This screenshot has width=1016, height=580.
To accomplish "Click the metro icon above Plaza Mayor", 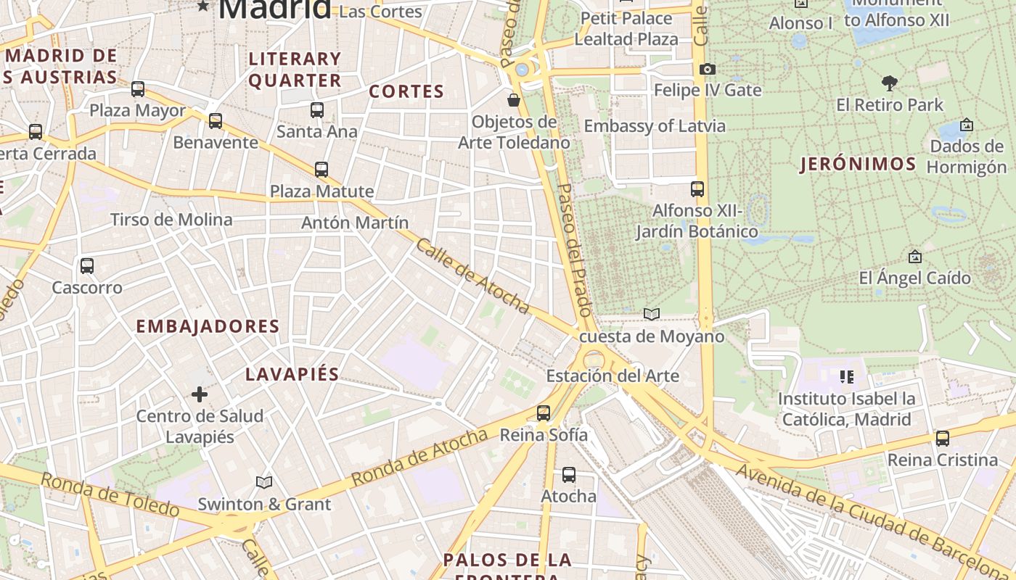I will point(138,89).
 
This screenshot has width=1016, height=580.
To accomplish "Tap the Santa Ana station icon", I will point(317,110).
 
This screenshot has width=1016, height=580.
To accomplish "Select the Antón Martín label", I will point(355,223).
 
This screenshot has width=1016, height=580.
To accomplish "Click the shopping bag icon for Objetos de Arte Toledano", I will point(514,100).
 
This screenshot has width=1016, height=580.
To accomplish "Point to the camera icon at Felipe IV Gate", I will point(707,70).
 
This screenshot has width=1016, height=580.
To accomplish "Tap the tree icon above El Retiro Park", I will point(889,83).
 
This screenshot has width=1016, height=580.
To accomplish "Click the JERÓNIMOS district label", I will point(858,164).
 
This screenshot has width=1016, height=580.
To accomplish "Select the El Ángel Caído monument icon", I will point(914,257).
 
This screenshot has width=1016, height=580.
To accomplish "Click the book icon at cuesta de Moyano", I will point(652,314).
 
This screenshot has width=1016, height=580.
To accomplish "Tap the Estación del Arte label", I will point(613,376).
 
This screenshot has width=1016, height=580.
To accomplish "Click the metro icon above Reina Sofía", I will point(544,413).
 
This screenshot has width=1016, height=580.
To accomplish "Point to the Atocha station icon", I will point(569,475).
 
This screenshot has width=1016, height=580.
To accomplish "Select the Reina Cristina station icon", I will point(942,439).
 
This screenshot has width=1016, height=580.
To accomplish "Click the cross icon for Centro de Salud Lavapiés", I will point(200,394).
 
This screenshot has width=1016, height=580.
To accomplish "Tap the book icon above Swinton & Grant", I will point(264,482).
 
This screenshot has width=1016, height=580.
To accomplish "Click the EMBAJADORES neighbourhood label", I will point(208,326).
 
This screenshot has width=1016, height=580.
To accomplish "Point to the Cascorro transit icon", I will point(87,266).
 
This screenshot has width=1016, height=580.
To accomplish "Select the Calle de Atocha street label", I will point(472,276).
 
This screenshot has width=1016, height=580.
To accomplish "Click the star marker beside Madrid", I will point(203,7).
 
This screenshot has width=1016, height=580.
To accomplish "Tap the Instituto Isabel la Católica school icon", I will point(846,377).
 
